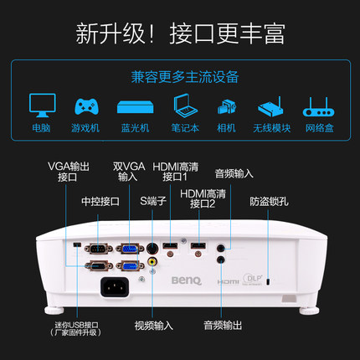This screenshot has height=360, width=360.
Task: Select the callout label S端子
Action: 152,201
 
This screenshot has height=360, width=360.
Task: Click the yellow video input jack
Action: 152,262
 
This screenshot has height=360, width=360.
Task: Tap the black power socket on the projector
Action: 116,288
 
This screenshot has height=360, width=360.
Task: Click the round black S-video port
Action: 152,248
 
